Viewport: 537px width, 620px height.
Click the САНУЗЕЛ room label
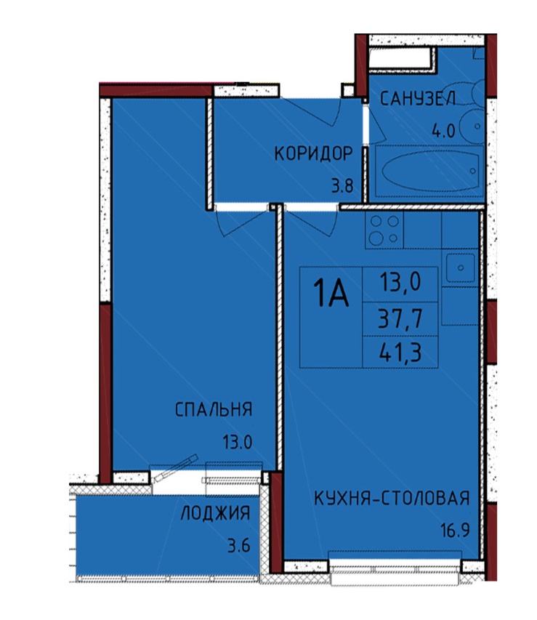[418, 99]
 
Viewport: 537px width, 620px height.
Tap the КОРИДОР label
[313, 153]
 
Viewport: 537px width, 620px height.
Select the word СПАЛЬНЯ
[214, 409]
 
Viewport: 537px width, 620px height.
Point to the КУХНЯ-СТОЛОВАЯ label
[392, 498]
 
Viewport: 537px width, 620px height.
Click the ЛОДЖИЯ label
[215, 513]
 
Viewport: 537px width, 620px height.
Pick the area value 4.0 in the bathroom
[444, 130]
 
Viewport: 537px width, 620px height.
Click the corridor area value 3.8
[342, 185]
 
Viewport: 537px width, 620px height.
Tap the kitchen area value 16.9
[455, 531]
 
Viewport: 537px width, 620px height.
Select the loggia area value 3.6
[239, 546]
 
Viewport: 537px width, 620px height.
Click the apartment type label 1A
[331, 293]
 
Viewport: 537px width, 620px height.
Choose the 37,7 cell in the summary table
[400, 318]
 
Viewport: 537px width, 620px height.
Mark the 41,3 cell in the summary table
[400, 352]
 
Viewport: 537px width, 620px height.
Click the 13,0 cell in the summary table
[400, 284]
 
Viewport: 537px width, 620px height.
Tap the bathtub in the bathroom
[429, 172]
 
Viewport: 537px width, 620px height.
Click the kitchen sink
[460, 267]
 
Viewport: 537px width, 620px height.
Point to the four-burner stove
[384, 230]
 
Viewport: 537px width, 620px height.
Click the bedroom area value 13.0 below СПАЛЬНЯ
[238, 441]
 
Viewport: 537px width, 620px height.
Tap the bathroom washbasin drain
[477, 126]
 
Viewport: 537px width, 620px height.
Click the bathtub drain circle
[473, 171]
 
